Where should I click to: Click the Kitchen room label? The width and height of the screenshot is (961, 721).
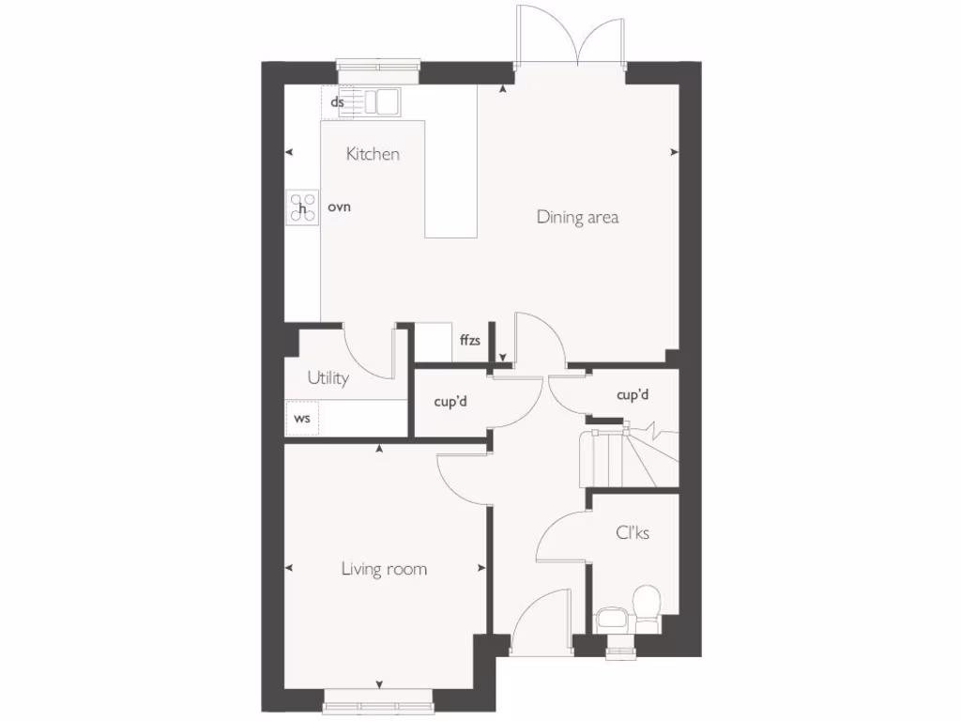click(373, 154)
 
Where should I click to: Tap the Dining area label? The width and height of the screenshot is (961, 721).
click(577, 217)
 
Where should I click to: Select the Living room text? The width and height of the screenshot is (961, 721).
click(384, 568)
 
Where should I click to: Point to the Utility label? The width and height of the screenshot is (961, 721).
click(328, 377)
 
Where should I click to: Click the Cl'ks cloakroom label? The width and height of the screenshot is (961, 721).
click(633, 532)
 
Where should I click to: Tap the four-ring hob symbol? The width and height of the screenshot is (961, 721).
click(302, 207)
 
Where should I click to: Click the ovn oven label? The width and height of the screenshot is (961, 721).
click(339, 207)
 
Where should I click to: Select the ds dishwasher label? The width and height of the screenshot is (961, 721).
click(337, 101)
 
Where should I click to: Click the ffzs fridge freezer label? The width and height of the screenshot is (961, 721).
click(469, 341)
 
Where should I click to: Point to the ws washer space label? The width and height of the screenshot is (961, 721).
click(302, 419)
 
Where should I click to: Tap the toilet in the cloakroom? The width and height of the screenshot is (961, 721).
click(647, 606)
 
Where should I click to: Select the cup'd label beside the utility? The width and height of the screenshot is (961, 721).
click(450, 401)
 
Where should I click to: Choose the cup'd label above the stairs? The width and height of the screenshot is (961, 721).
click(633, 395)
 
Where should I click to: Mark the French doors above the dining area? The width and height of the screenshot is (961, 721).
click(570, 38)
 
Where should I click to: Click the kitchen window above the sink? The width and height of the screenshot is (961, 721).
click(378, 66)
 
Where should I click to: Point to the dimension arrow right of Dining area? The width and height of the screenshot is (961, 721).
click(675, 152)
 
